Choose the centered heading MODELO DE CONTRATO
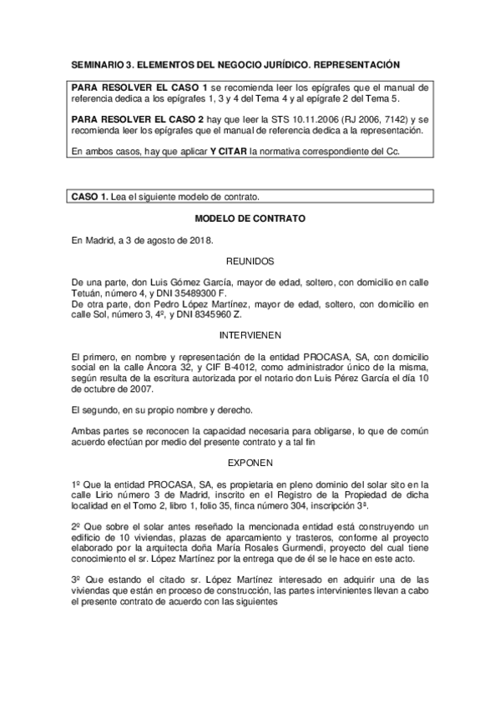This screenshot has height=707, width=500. (x=250, y=219)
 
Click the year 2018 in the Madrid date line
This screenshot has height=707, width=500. (x=199, y=240)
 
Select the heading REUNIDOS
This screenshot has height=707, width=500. (x=250, y=261)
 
